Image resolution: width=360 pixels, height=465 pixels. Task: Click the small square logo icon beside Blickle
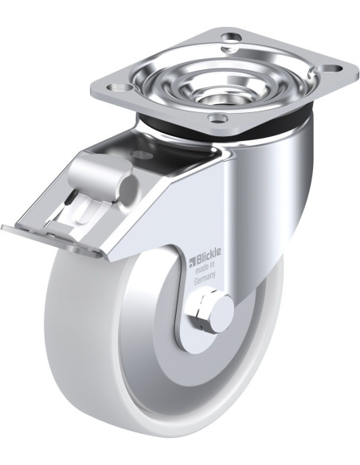coord(192,261)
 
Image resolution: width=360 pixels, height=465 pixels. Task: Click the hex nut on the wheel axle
coord(198,315)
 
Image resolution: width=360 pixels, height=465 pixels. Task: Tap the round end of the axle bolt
coord(221,314)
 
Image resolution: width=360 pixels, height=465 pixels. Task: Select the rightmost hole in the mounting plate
coord(331,68)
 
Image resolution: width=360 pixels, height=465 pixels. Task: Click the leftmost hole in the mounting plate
coord(120,88)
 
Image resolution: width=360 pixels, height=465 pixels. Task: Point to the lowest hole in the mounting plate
coord(218,119)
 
